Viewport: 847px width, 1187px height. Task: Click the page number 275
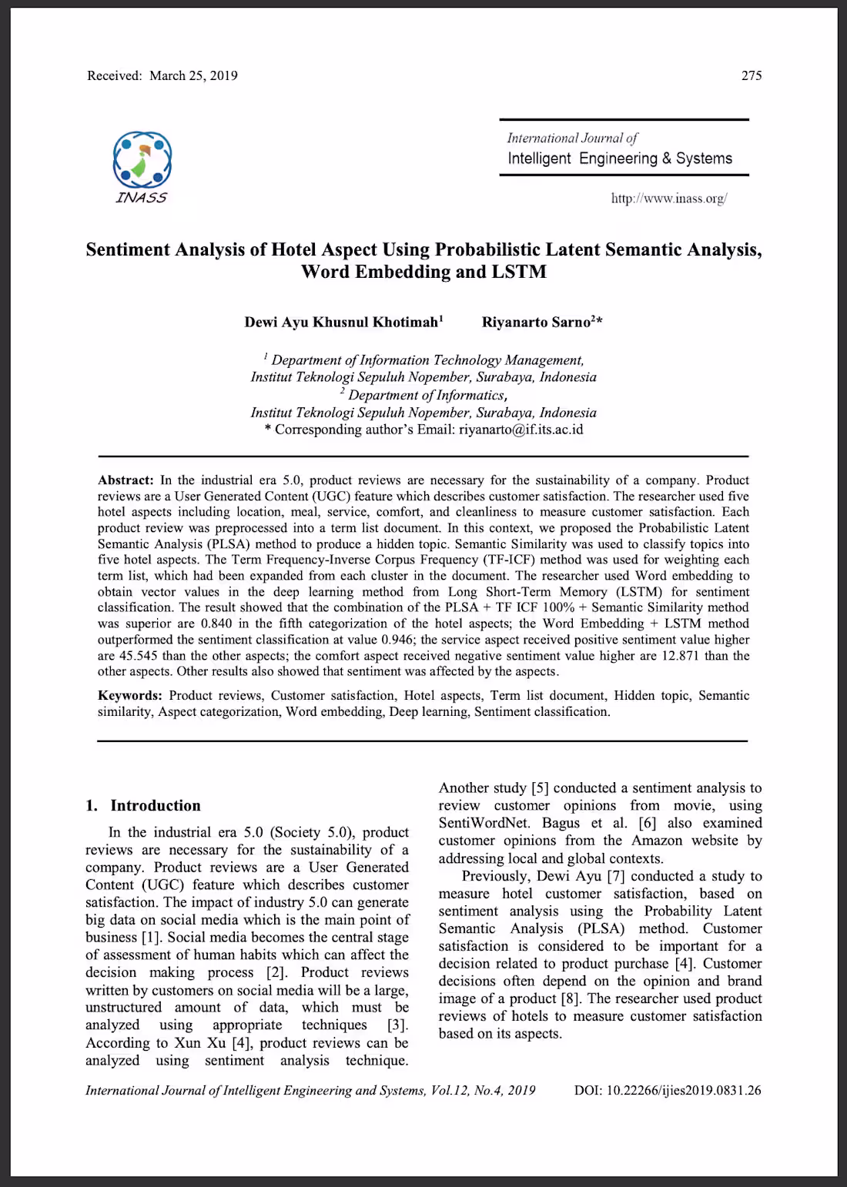[x=751, y=75]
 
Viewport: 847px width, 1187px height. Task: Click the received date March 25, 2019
[x=193, y=75]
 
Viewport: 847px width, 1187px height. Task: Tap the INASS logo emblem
[x=142, y=159]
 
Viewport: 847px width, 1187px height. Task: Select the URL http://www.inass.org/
[x=668, y=199]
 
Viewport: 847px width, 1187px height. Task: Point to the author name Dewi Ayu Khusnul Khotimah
[x=341, y=322]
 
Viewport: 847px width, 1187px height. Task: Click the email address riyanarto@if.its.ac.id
[x=521, y=430]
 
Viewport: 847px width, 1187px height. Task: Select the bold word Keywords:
[x=129, y=695]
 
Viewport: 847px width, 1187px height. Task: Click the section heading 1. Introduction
[x=143, y=805]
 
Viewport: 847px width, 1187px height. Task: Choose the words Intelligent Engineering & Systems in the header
[x=620, y=159]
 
